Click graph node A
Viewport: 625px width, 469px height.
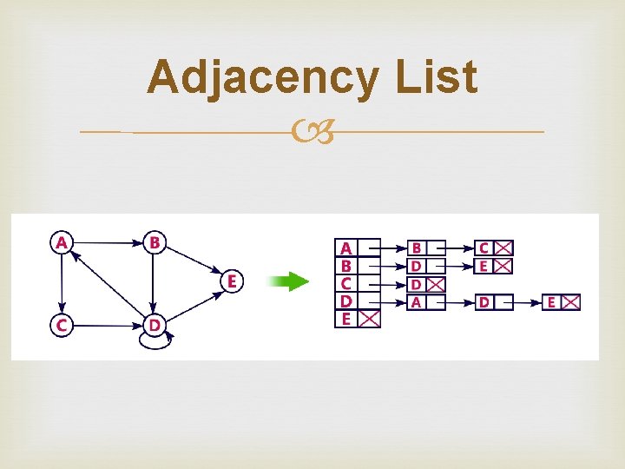pos(61,242)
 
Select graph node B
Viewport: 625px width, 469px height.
pos(154,242)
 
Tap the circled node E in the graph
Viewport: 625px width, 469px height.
pos(232,281)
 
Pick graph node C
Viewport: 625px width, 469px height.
pos(61,325)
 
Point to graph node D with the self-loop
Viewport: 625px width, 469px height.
pos(154,325)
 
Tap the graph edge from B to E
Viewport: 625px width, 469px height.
pos(193,261)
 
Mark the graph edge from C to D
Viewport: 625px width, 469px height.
pos(106,325)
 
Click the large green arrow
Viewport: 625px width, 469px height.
pos(288,281)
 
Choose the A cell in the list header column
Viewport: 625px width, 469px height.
pos(346,248)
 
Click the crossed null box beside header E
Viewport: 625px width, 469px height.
pos(370,319)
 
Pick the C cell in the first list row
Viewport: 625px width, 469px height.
pos(484,248)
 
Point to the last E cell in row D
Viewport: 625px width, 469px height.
pos(551,302)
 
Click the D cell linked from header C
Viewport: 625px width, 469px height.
pos(417,284)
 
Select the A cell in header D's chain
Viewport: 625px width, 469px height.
pos(417,302)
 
